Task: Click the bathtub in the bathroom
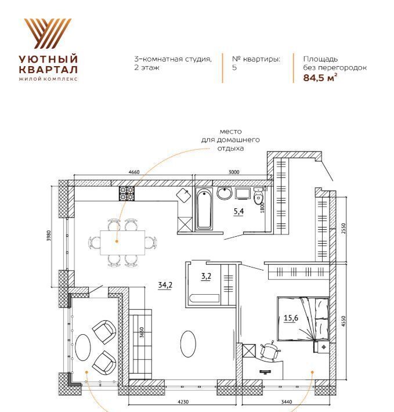coord(204,209)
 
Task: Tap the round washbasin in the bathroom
coord(225,193)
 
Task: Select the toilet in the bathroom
coord(258,196)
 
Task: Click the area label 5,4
coord(238,211)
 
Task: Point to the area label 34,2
coord(165,285)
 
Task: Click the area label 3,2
coord(206,276)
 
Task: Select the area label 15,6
coord(291,318)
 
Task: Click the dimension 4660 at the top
coord(134,172)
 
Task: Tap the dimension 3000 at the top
coord(234,172)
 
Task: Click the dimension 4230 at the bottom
coord(183,402)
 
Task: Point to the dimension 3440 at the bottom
coord(287,402)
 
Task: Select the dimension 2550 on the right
coord(344,229)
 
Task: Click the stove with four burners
coord(127,193)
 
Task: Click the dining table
coord(122,243)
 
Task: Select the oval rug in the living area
coord(188,344)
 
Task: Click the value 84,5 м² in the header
coord(320,78)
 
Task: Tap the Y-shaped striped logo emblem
coord(48,34)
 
